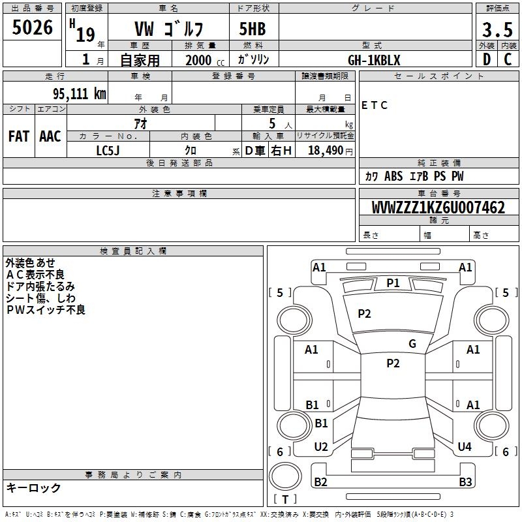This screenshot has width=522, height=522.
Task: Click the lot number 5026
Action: [x=33, y=28]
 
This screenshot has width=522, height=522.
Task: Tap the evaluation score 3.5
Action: [x=497, y=29]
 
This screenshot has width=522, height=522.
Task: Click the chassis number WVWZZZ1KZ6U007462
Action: [x=438, y=208]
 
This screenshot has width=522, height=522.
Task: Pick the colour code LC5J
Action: [x=108, y=150]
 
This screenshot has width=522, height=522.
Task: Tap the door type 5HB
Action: [x=252, y=29]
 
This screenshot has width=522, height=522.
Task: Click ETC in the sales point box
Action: [x=375, y=105]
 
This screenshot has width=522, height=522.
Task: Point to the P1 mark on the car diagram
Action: [x=393, y=283]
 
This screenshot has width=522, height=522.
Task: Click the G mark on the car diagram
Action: [x=412, y=343]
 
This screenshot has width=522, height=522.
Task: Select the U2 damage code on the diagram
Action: [x=321, y=446]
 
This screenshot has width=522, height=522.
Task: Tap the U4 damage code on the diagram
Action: [x=465, y=446]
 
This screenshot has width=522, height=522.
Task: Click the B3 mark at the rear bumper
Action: [x=465, y=482]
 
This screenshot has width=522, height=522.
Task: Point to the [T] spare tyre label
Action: [x=285, y=500]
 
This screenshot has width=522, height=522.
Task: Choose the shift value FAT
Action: [x=18, y=136]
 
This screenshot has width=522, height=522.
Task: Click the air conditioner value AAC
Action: [x=50, y=136]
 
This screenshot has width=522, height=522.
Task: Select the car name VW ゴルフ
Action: [x=168, y=29]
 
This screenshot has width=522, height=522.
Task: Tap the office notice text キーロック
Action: [x=34, y=488]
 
